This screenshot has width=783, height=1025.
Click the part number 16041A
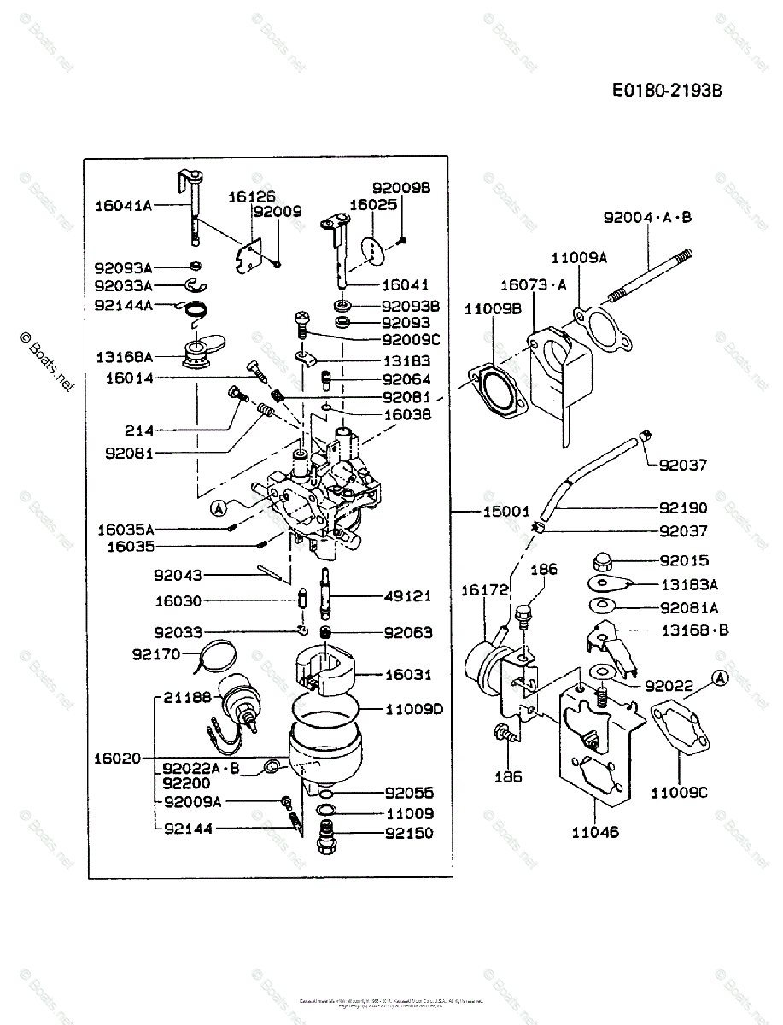[123, 205]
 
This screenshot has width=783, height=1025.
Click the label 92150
[408, 833]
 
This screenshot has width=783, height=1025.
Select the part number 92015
[684, 561]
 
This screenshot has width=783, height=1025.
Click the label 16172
[485, 590]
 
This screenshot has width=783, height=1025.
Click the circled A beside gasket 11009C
[720, 678]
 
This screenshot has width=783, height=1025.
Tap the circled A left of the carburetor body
[218, 508]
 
